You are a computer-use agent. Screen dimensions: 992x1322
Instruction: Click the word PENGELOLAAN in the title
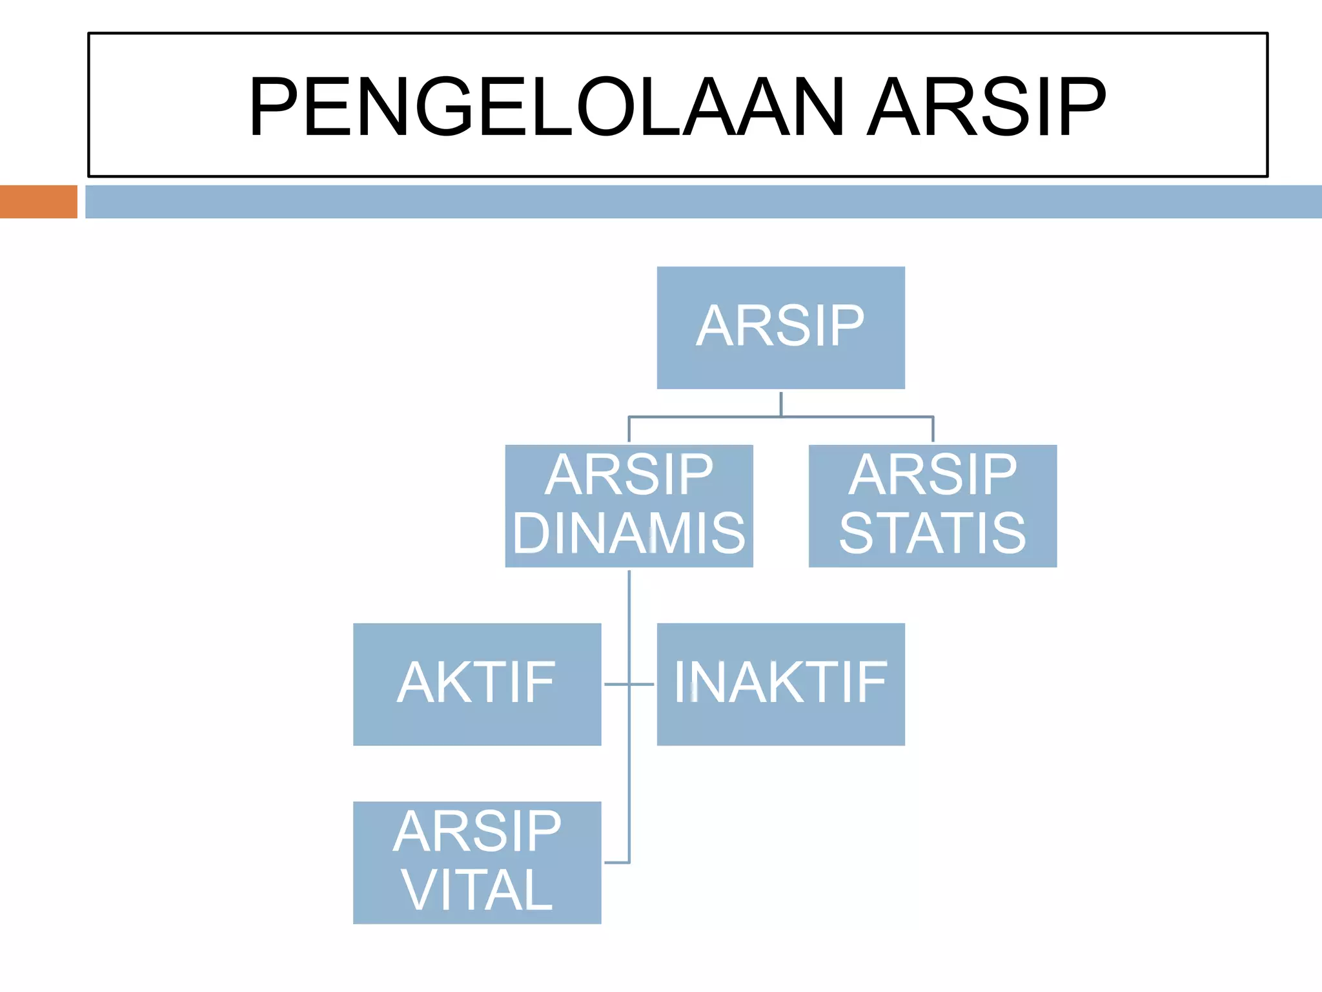(546, 107)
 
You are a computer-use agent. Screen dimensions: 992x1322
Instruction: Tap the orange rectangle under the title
(38, 201)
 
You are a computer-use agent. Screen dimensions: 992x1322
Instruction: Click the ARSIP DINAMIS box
(629, 506)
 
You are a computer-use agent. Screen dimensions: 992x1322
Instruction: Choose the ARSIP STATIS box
(932, 506)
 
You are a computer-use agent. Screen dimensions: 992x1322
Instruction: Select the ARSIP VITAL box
(477, 862)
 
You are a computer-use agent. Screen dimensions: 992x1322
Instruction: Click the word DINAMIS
(629, 533)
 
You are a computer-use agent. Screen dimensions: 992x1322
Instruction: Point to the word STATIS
(932, 533)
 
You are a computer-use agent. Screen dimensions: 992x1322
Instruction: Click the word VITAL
(477, 891)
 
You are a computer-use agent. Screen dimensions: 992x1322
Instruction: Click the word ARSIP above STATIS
(932, 475)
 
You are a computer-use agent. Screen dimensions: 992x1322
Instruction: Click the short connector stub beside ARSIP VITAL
(616, 862)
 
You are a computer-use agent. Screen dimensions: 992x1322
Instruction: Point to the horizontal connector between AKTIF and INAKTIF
(629, 684)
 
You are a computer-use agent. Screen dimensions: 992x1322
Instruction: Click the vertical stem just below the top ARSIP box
(781, 403)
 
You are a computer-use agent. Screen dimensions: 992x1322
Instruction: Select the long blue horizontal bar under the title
(703, 201)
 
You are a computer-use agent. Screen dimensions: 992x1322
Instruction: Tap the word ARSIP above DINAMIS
(629, 475)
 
